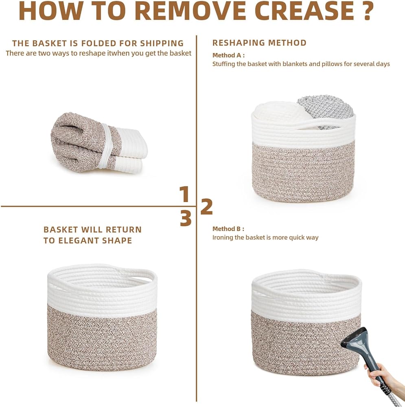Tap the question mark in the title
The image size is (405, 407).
click(368, 11)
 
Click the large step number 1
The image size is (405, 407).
click(184, 194)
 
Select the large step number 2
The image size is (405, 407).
click(207, 207)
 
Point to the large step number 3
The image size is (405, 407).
click(186, 218)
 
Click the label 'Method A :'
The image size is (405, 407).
click(228, 55)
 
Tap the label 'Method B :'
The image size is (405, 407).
click(228, 229)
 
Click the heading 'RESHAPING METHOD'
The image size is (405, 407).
click(259, 43)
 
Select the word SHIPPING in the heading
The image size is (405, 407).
click(162, 44)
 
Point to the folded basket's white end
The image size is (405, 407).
click(131, 151)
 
